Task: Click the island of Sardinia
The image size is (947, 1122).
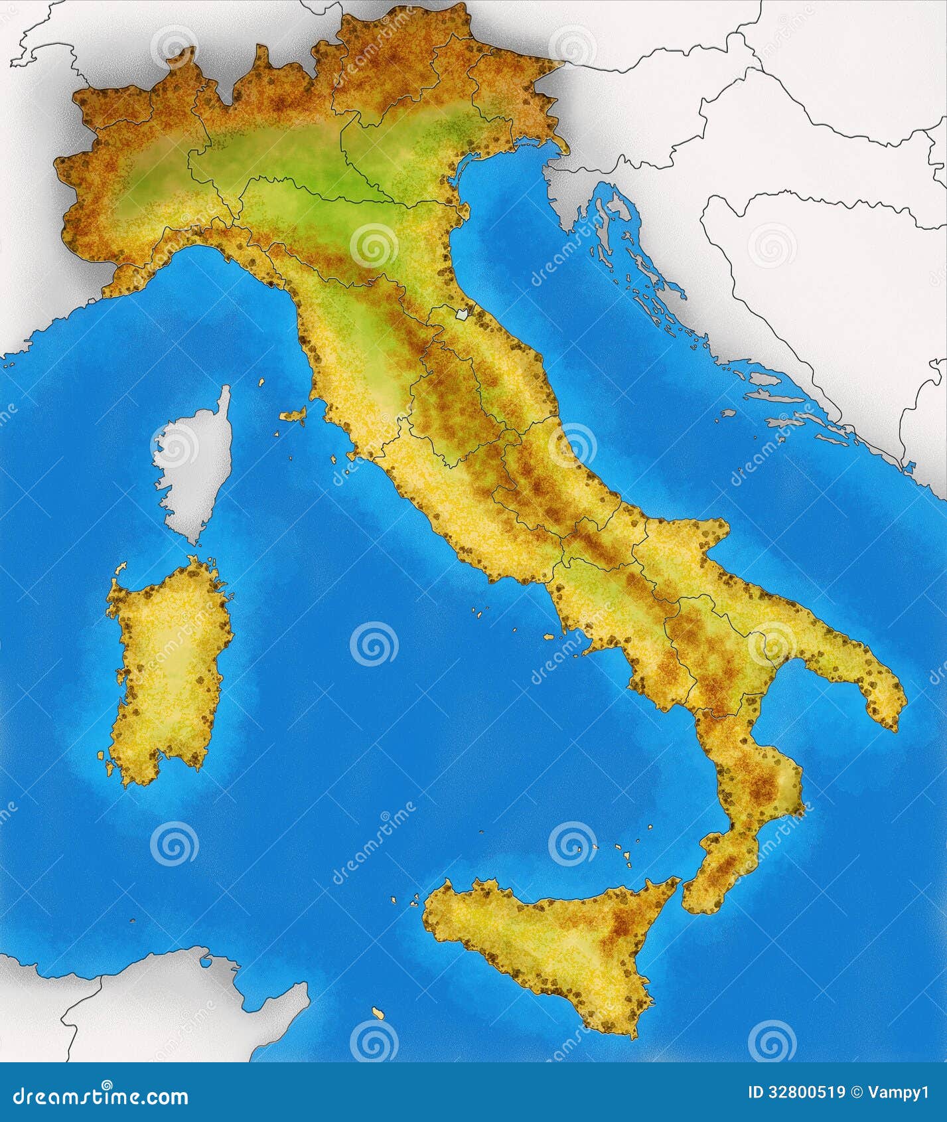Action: tap(169, 671)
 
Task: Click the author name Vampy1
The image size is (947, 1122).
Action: tap(900, 1093)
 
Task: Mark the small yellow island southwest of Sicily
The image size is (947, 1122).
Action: tap(378, 1033)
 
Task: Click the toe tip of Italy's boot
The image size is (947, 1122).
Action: tap(693, 906)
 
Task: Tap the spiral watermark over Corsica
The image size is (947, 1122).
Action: tap(174, 443)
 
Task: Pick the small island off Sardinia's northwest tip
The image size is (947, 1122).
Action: tap(120, 568)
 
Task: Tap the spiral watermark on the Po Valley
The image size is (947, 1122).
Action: tap(374, 245)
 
